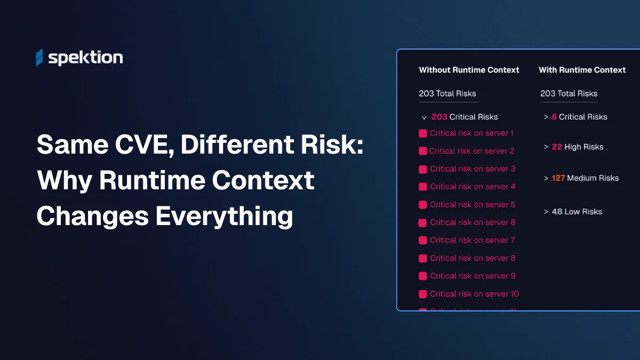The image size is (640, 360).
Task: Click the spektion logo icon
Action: click(39, 58)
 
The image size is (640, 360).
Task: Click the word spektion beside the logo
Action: click(85, 58)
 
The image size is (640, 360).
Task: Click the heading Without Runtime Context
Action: click(469, 70)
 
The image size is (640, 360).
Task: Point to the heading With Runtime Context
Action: click(582, 70)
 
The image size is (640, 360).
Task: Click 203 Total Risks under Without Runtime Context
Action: click(447, 93)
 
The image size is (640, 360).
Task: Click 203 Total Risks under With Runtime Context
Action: click(569, 93)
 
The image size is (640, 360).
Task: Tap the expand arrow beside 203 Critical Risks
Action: click(424, 117)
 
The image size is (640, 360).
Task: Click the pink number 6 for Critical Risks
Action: click(554, 117)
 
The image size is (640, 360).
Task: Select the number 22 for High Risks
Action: click(557, 147)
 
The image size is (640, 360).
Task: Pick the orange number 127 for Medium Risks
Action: click(558, 178)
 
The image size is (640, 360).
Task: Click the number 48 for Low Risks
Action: click(557, 212)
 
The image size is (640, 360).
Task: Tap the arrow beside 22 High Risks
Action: click(546, 147)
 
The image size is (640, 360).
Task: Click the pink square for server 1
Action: click(423, 133)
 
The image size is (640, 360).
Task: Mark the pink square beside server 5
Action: click(423, 205)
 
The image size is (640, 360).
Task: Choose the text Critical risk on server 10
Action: click(474, 294)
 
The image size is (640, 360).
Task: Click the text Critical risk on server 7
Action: click(473, 241)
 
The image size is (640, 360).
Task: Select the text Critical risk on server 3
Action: click(473, 169)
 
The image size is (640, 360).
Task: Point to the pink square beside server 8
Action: click(423, 258)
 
